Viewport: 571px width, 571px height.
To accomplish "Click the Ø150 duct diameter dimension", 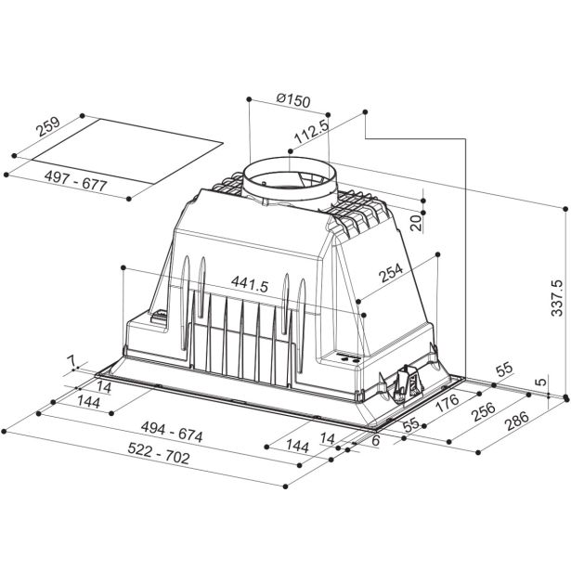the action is (x=293, y=100).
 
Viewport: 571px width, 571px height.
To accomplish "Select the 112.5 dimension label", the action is (x=311, y=132).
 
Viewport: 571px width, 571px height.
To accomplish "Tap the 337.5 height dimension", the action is (x=557, y=298).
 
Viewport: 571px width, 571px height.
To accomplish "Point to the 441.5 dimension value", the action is (x=250, y=284).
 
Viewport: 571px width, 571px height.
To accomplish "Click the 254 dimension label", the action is (x=391, y=272).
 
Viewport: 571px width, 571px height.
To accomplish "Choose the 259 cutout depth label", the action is (x=47, y=126).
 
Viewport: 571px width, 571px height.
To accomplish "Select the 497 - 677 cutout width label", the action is (x=75, y=181).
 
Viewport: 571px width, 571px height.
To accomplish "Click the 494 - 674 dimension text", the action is (x=172, y=432).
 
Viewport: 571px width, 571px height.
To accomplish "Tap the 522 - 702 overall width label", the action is (x=159, y=453).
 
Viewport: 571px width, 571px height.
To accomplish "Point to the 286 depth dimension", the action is (x=516, y=421).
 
